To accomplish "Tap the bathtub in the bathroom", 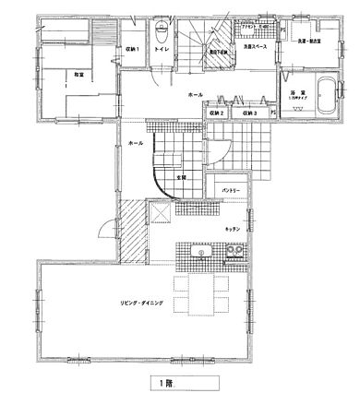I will point(327,96).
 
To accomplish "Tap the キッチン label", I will point(234,228).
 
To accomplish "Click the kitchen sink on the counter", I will point(198,250).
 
